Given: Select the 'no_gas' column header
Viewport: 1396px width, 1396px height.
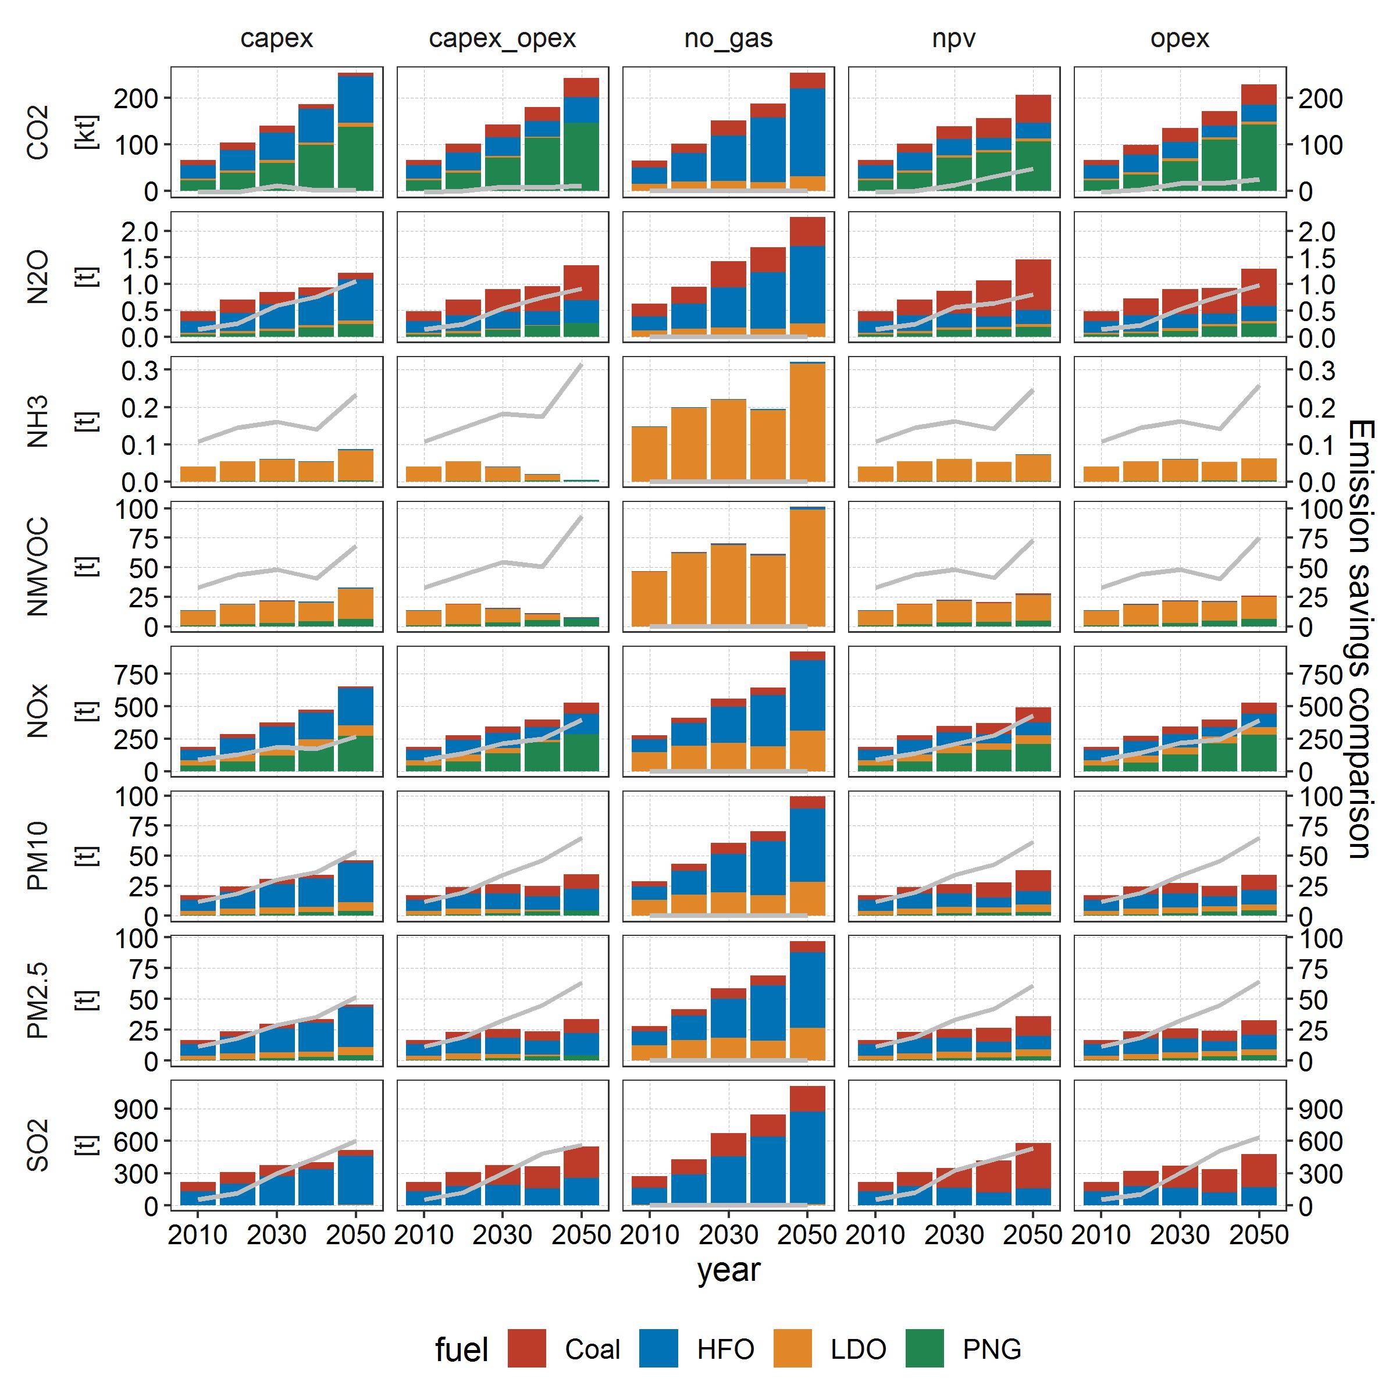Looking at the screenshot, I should point(728,38).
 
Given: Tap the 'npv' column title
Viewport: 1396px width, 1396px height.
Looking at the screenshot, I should point(954,38).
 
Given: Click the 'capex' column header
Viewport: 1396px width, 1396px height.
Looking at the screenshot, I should point(277,38).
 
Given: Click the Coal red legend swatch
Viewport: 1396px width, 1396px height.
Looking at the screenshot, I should point(527,1348).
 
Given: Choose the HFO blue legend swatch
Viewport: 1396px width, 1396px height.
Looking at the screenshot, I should point(658,1348).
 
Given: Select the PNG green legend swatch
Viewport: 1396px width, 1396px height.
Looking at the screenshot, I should point(924,1348).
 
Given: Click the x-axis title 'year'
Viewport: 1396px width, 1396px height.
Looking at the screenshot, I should point(728,1270).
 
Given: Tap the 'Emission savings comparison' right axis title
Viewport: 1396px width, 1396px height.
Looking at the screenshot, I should point(1360,639).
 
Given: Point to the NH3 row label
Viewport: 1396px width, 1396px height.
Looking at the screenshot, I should point(38,421).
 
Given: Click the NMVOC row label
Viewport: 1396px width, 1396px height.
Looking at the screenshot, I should point(38,567).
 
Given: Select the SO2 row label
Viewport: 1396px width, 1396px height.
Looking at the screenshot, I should point(38,1145).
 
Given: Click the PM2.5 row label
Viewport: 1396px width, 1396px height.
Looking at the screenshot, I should point(38,1000).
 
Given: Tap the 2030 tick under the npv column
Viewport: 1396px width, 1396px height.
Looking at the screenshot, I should point(954,1235).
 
